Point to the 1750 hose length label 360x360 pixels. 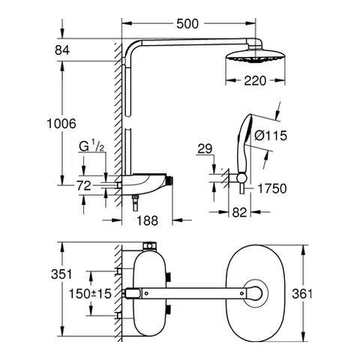[x=271, y=190]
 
